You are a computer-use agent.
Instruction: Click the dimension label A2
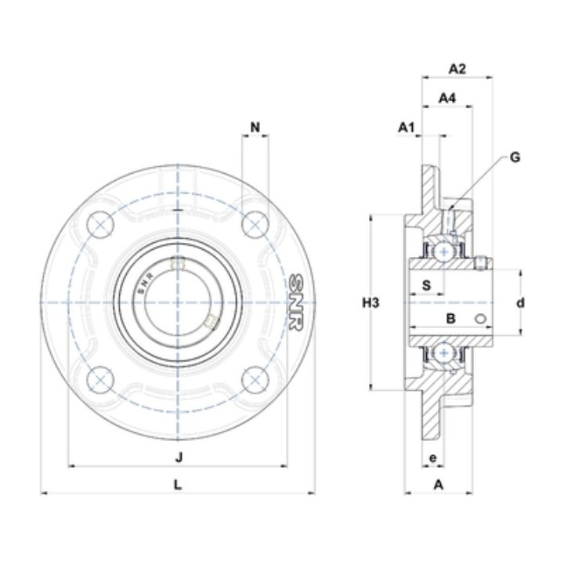[x=457, y=68]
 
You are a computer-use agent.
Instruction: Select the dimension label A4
[x=447, y=97]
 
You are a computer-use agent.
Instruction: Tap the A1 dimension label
[x=407, y=127]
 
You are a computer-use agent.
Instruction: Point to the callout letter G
[x=515, y=157]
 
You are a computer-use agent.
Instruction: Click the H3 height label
[x=371, y=303]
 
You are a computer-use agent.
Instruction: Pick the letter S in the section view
[x=426, y=285]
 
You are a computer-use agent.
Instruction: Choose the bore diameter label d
[x=520, y=303]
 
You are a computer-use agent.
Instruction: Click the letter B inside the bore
[x=450, y=318]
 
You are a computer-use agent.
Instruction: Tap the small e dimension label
[x=432, y=458]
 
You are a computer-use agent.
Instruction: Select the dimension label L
[x=178, y=485]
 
